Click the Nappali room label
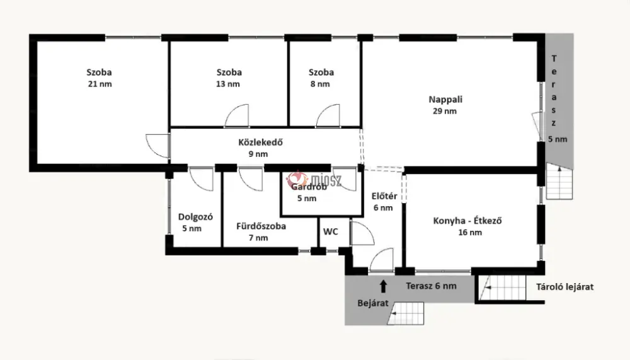coord(445,100)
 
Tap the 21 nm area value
coord(100,84)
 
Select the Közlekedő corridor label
coord(260,142)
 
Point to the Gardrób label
coord(309,187)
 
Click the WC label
coord(331,231)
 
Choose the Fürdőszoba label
coord(261,226)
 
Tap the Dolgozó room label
coord(195,217)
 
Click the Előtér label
coord(384,196)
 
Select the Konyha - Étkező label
coord(467,221)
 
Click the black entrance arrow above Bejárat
coord(383,286)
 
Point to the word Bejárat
coord(373,303)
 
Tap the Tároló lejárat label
coord(565,287)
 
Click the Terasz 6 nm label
coord(431,286)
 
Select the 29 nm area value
coord(445,111)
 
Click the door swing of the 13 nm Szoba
coord(237,116)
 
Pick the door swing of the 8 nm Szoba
coord(328,116)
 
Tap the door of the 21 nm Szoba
coord(157,146)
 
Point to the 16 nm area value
coord(470,233)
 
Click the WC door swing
coord(362,233)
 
